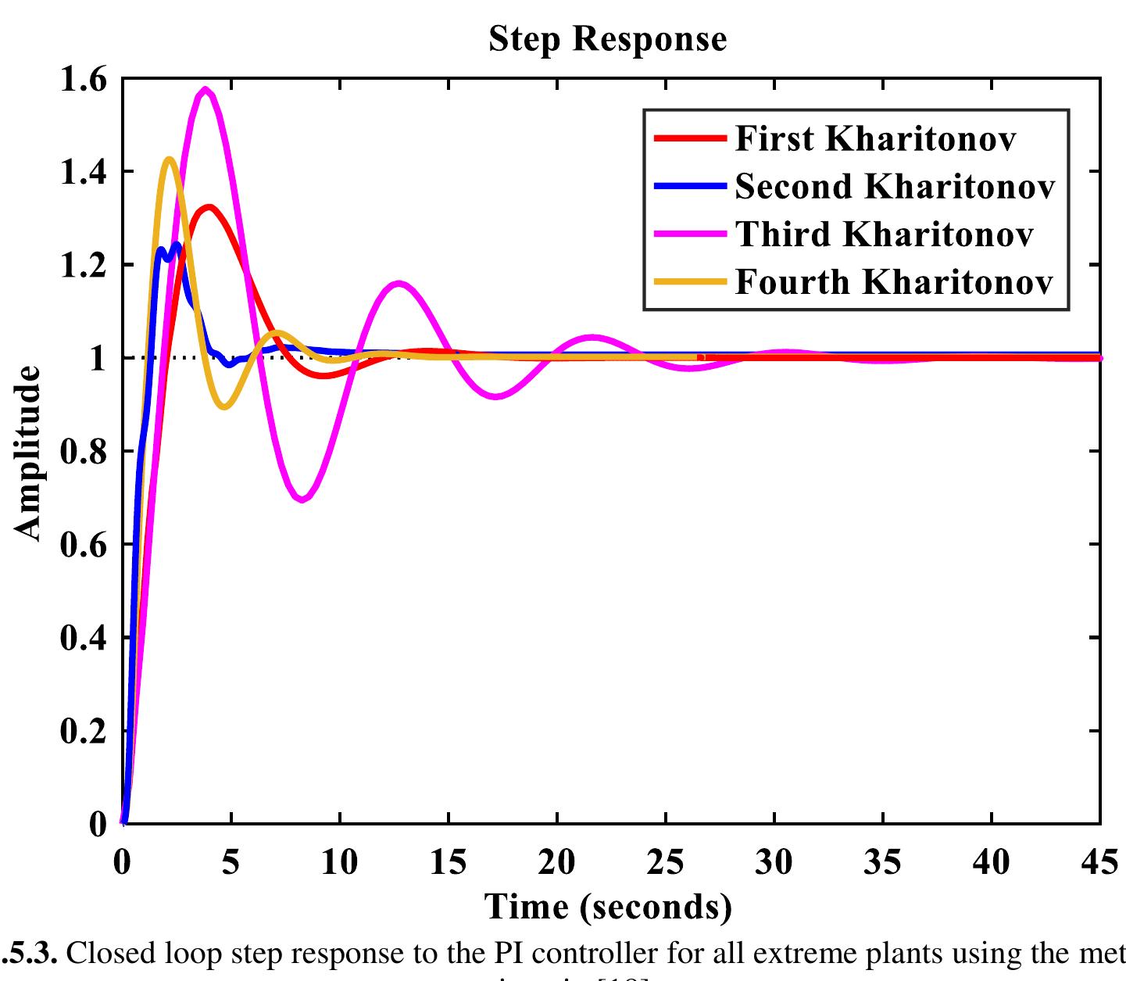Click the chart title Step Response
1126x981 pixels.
[x=607, y=39]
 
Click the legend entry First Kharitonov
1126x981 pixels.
[x=875, y=139]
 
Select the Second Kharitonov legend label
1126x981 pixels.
[x=895, y=187]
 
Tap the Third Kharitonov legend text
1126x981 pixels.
[x=884, y=235]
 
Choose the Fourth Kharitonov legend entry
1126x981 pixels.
[x=894, y=282]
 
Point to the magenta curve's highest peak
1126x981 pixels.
[x=206, y=89]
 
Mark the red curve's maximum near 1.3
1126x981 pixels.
[x=209, y=207]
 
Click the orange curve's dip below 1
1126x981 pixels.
[x=225, y=406]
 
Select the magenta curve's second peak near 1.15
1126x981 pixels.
[x=399, y=284]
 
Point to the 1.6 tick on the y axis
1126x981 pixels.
[x=84, y=79]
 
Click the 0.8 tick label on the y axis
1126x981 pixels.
[x=84, y=452]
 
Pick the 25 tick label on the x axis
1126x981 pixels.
[x=665, y=863]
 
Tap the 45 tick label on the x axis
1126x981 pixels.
[x=1099, y=863]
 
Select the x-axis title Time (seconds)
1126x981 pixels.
[x=609, y=907]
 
